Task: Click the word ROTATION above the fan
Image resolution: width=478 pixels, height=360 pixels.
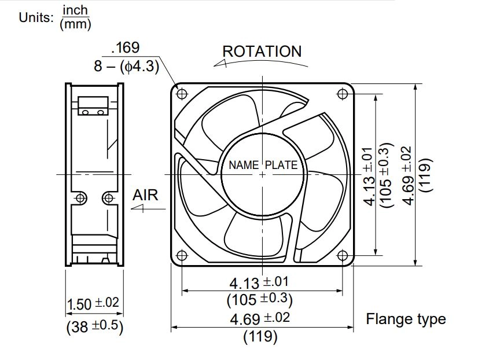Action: [262, 51]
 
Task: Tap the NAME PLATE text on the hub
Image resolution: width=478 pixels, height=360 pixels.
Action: [263, 165]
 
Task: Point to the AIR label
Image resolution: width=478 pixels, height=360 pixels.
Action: [145, 195]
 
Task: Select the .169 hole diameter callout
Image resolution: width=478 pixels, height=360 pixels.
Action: [126, 47]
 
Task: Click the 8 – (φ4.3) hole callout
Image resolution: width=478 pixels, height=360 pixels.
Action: [127, 66]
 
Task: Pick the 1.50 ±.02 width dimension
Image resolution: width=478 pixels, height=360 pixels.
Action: [93, 304]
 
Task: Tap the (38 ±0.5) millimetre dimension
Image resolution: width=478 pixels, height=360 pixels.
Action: [95, 326]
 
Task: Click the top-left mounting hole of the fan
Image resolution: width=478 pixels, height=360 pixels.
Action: [182, 94]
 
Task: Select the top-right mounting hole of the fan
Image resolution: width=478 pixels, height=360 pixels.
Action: [343, 94]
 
